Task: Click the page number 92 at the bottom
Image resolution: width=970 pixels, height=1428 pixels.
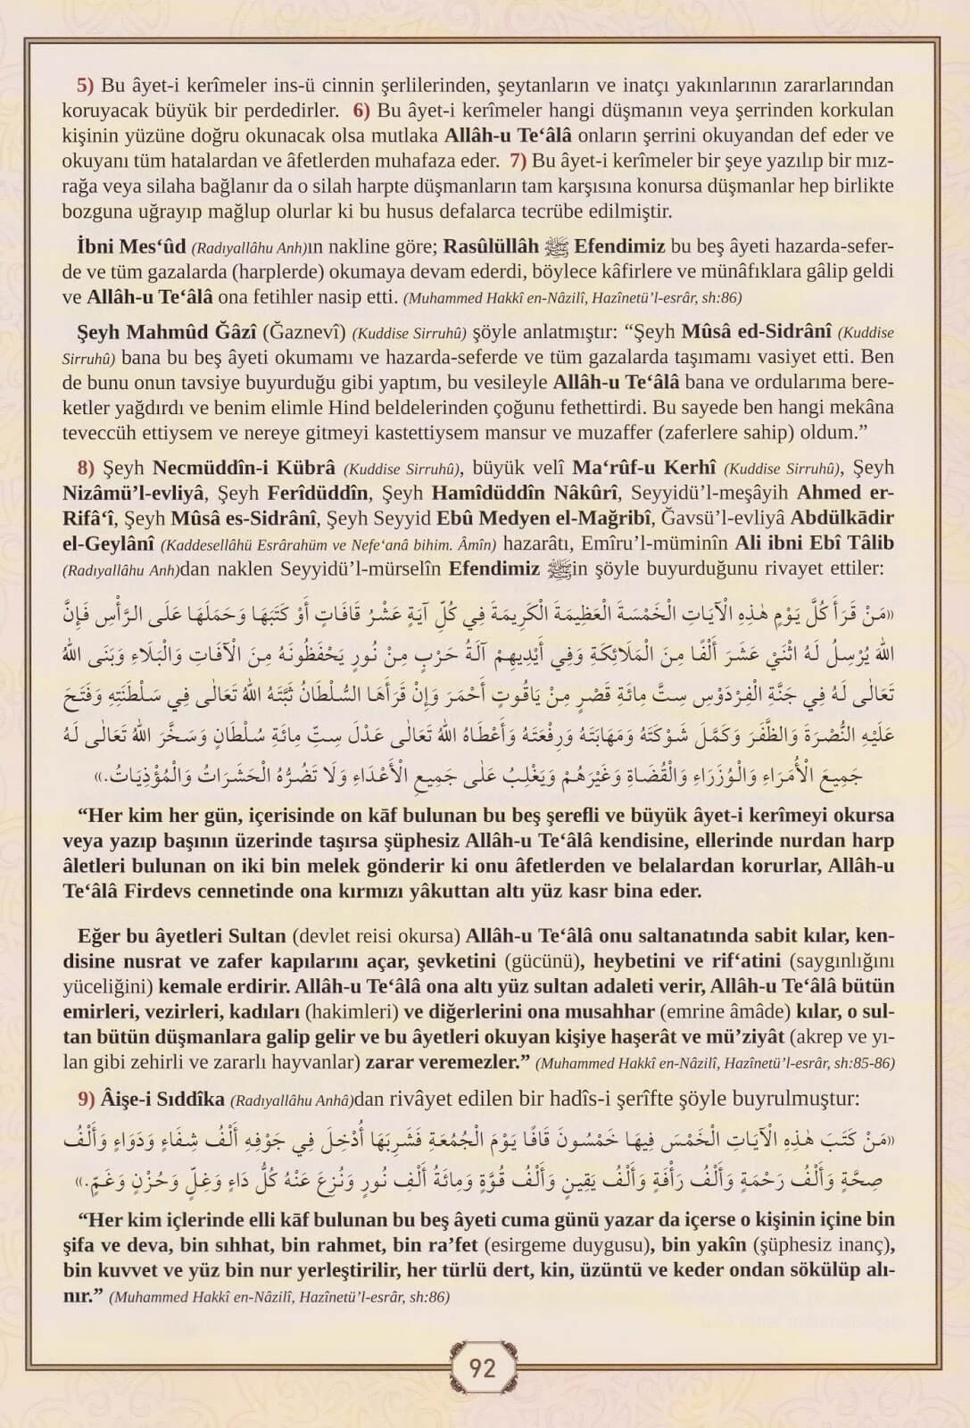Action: point(482,1368)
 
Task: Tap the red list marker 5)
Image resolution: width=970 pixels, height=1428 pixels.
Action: point(85,87)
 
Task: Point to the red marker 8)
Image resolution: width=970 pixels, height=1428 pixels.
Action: point(86,468)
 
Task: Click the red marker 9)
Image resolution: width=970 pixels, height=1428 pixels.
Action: point(86,1099)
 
